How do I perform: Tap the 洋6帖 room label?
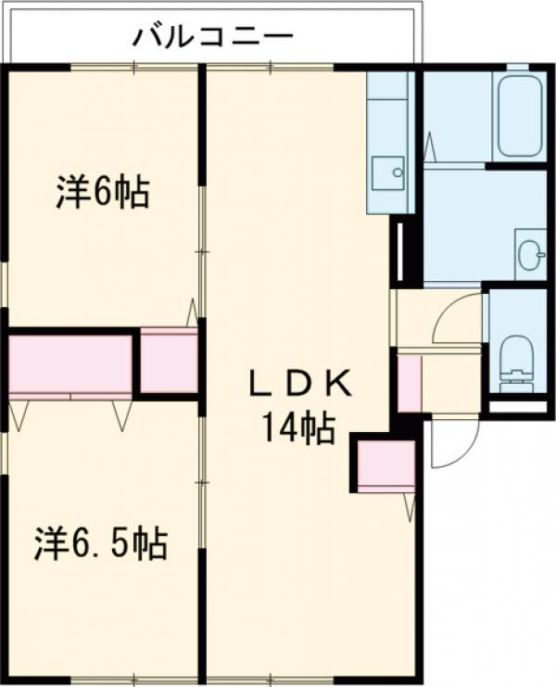(x=103, y=192)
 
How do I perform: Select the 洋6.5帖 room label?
(x=101, y=543)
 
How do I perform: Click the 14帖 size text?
(x=299, y=428)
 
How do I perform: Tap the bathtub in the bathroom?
(x=519, y=116)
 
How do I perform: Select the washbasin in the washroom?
(x=532, y=254)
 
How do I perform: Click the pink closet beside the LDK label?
(x=386, y=466)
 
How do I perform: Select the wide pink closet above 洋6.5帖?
(x=70, y=364)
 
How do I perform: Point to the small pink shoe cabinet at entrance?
(x=410, y=384)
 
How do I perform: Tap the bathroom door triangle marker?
(x=429, y=146)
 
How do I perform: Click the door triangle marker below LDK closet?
(x=410, y=507)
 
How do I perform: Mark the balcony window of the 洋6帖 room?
(x=134, y=67)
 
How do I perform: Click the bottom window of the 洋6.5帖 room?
(x=134, y=682)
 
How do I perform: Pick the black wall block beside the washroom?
(x=406, y=251)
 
